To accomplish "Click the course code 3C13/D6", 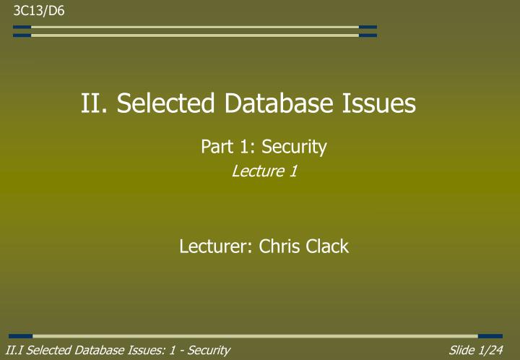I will click(33, 9).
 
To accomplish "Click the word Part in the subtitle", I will click(216, 147).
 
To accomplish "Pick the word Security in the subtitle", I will click(294, 147).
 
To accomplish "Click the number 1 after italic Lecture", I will click(294, 171).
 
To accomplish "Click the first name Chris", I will click(282, 247).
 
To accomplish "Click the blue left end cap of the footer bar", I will click(21, 336).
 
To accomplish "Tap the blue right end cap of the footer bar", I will click(490, 336).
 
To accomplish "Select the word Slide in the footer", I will click(462, 351).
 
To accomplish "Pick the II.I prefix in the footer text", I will click(14, 351).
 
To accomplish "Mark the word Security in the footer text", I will click(208, 351).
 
